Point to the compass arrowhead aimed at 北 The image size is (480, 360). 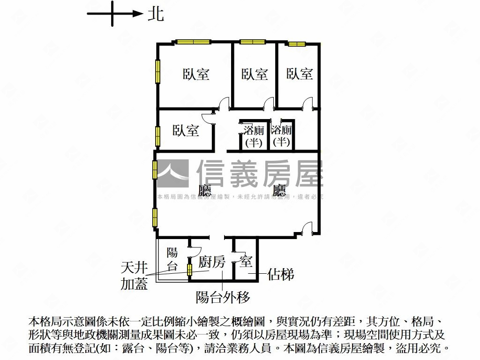[138, 14]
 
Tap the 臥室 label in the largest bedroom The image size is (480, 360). [196, 74]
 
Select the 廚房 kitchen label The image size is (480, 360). [211, 262]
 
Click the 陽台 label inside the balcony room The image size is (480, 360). [172, 260]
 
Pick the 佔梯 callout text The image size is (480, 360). [281, 274]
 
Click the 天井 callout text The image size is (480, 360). [134, 268]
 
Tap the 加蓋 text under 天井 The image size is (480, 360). [134, 284]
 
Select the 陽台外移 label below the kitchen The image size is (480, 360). [223, 297]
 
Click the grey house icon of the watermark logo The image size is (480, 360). [172, 174]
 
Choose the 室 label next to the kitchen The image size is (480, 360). [246, 262]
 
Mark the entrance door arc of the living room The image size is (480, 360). [307, 228]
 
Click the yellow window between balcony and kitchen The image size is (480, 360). [190, 270]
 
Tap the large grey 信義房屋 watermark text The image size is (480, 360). [260, 174]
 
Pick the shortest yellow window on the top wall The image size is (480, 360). [297, 44]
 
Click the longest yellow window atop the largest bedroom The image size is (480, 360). [193, 42]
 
